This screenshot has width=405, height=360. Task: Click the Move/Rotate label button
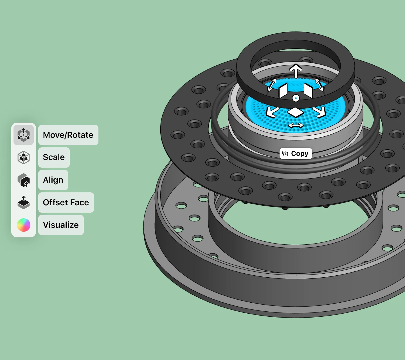coord(68,135)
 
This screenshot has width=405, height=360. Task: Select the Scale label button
coord(54,157)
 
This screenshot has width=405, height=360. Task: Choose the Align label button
coord(53,180)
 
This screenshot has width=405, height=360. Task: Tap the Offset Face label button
coord(66,202)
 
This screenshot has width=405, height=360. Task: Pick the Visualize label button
coord(61,225)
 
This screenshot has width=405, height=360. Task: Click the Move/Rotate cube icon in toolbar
coord(24,135)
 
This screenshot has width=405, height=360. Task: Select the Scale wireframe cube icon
coord(24,157)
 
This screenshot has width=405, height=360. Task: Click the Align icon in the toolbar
coord(24,180)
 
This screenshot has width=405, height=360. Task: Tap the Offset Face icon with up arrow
coord(24,202)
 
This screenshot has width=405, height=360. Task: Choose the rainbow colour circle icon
coord(24,225)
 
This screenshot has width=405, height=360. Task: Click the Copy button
coord(296,154)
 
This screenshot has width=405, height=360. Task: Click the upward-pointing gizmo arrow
coord(296,71)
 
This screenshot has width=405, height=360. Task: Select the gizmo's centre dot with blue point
coord(296,98)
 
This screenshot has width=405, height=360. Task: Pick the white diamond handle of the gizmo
coord(295,112)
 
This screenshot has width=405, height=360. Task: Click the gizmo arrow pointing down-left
coord(272,112)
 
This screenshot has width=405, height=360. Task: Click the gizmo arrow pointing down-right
coord(319,112)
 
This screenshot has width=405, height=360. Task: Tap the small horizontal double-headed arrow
coord(296,125)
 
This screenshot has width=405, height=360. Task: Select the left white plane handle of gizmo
coord(283,91)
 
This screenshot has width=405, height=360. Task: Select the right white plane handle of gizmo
coord(309,91)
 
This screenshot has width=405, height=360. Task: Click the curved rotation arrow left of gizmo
coord(272,85)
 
